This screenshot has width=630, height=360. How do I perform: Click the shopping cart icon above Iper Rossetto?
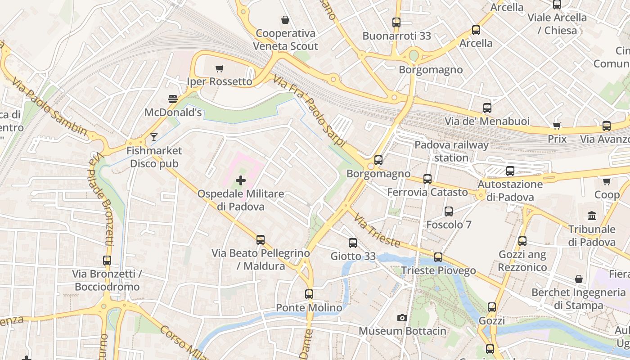(219, 69)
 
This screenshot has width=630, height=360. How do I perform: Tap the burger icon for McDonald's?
(173, 99)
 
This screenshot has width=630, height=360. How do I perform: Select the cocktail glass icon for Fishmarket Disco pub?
(154, 137)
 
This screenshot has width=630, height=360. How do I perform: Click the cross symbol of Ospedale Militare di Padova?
(241, 180)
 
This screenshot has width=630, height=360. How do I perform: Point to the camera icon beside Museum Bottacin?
(402, 318)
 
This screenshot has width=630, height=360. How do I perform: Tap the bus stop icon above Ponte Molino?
(309, 294)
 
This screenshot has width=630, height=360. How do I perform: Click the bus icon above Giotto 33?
(353, 243)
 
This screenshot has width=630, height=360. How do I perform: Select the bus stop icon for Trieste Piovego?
(438, 257)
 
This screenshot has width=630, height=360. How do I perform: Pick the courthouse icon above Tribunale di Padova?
(592, 216)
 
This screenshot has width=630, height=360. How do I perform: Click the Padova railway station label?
(451, 151)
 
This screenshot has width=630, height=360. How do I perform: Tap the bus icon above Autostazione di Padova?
(510, 171)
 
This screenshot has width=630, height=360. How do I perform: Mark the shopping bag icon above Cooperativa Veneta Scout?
(285, 20)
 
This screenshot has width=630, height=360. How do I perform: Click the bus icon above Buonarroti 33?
(396, 22)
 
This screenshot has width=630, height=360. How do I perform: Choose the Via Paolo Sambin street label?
(49, 107)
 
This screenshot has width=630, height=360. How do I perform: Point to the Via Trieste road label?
(377, 231)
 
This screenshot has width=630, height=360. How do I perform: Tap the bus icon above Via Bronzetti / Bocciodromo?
(107, 260)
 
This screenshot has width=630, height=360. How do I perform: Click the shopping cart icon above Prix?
(557, 126)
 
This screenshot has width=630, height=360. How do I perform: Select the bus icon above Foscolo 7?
(449, 211)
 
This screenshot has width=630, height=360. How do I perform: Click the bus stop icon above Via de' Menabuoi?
(487, 108)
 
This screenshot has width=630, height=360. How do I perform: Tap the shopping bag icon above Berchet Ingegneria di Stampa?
(579, 279)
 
